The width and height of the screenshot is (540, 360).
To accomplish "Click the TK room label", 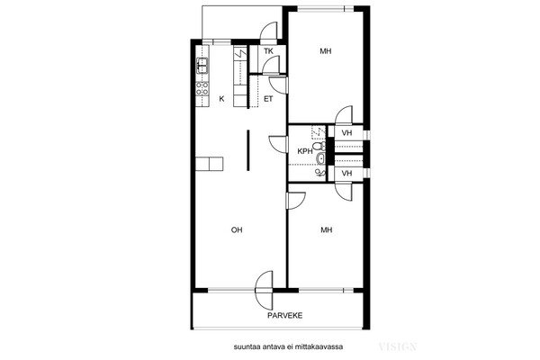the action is pos(268,51).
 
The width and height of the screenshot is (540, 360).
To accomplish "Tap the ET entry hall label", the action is pos(268,99).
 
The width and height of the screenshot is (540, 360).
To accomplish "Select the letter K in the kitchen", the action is pos(221,99).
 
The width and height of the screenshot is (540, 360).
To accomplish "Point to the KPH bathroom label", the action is pos(305,151).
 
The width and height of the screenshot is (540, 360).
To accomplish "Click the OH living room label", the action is pos(237,229).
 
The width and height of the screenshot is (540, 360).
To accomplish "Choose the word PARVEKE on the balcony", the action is pos(285,315).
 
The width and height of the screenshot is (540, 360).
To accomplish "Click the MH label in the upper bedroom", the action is pos(326,51).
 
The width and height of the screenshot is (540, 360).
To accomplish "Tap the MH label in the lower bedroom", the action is pos(326,229).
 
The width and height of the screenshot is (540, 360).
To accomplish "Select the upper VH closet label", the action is pos(346,133).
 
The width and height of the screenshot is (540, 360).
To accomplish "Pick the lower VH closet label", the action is pos(346,174).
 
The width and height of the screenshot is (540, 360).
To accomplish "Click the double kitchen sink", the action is pos(202,66).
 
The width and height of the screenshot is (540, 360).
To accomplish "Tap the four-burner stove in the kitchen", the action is pos(202,88).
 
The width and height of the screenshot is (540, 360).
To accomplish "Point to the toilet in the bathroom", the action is pos(320,146).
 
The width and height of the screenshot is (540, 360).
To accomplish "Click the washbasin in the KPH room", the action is pos(320,158).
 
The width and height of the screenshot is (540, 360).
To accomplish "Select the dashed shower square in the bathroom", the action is pos(319,132).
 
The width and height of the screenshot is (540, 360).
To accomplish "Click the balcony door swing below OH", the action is pos(265,291).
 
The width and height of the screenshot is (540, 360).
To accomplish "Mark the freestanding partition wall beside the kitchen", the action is pos(248,150).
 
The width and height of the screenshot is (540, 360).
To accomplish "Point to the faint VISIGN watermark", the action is pos(398,346).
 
